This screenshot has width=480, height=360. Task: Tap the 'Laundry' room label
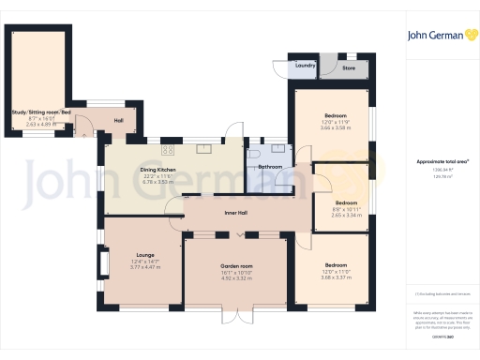[x=305, y=66]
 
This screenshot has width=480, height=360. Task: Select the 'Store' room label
[x=348, y=67]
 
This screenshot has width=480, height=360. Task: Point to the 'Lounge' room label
[x=144, y=254]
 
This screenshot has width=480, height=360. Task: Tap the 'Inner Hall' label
[x=236, y=213]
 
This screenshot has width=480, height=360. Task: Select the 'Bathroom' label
[x=271, y=166]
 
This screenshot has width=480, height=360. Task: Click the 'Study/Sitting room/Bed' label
[x=42, y=112]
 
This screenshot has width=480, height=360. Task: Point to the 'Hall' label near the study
[x=119, y=120]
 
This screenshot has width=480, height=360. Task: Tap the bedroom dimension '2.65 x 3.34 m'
[x=347, y=215]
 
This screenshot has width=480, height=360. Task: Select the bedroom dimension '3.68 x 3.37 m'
[x=336, y=277]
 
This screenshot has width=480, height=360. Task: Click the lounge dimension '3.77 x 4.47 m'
[x=144, y=267]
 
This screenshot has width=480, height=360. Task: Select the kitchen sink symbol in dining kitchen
[x=202, y=147]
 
